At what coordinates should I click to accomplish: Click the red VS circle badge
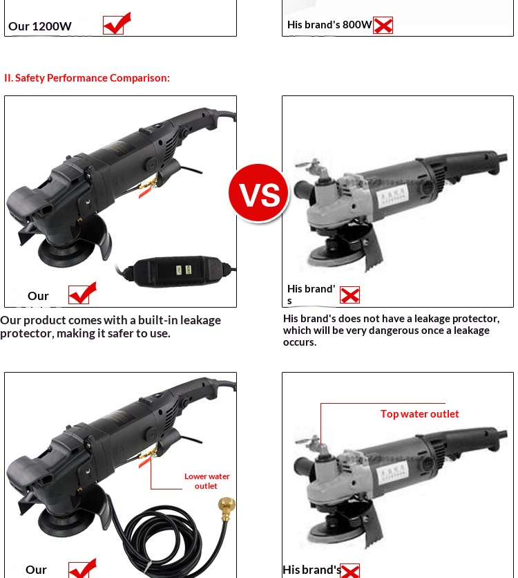pos(258,193)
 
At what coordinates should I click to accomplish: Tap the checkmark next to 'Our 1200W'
pos(117,24)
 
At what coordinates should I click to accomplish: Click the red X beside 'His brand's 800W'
pos(383,25)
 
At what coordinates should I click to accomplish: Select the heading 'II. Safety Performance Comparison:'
pos(87,77)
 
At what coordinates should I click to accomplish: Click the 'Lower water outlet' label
pos(207,481)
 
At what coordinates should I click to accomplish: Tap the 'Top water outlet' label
pos(420,414)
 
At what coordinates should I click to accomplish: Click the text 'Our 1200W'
pos(40,26)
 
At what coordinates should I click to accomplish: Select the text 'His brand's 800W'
pos(329,25)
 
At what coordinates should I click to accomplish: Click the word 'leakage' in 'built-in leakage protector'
pos(200,320)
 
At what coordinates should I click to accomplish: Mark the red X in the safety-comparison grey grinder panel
pos(349,295)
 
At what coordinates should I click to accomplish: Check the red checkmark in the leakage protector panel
pos(82,293)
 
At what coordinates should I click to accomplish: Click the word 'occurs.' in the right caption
pos(299,342)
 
